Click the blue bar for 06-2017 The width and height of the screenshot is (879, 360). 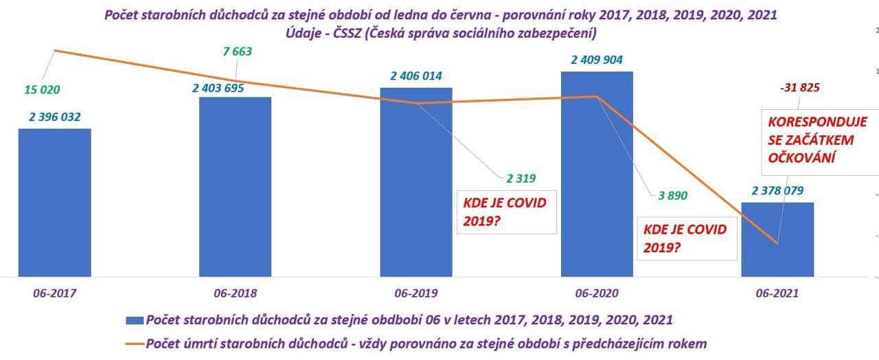click(x=54, y=202)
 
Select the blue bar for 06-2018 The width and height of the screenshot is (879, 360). click(x=235, y=186)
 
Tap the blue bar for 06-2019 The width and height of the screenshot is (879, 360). click(x=416, y=181)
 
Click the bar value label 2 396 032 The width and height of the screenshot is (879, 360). click(x=55, y=117)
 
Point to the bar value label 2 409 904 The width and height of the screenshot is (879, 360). click(x=597, y=60)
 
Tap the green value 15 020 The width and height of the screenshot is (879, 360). click(x=43, y=89)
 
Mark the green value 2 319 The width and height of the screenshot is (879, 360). click(x=521, y=179)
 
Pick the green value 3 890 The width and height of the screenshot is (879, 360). click(x=673, y=195)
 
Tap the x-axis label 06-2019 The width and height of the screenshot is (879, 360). click(x=415, y=293)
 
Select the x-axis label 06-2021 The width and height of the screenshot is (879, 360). click(x=777, y=293)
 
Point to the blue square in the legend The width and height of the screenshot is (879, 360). click(x=135, y=320)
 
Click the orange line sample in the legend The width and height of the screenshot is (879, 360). click(x=135, y=343)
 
